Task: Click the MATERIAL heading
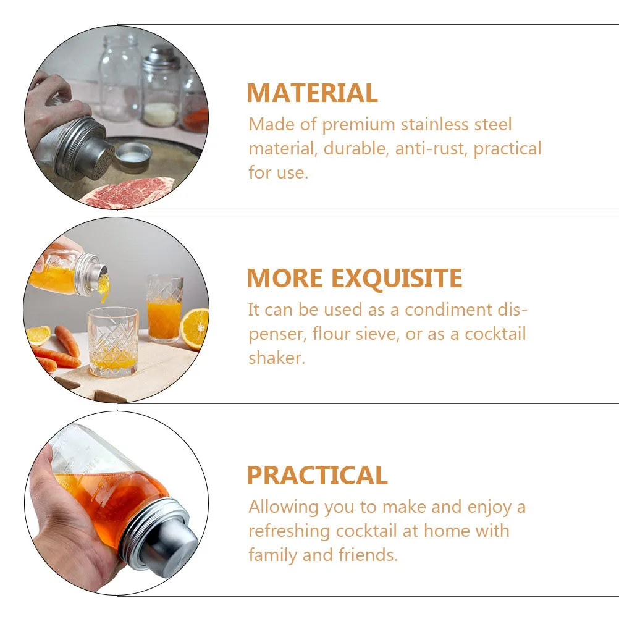pyautogui.click(x=312, y=93)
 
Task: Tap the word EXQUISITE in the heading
pyautogui.click(x=395, y=279)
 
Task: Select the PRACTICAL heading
pyautogui.click(x=317, y=476)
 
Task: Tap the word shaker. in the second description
pyautogui.click(x=276, y=358)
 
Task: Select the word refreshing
pyautogui.click(x=289, y=531)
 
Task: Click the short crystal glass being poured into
pyautogui.click(x=112, y=343)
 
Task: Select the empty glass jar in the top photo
pyautogui.click(x=120, y=77)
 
